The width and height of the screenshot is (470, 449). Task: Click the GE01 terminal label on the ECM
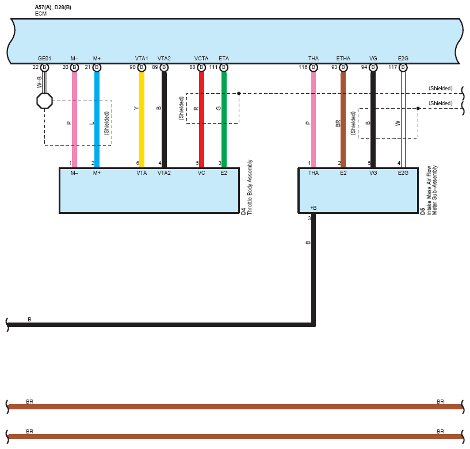pos(44,59)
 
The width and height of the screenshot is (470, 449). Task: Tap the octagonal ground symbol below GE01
pos(44,101)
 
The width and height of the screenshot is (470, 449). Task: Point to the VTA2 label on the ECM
pos(164,59)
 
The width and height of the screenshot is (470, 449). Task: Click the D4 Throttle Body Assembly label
pos(247,187)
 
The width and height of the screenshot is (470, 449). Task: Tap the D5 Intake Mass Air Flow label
pos(430,190)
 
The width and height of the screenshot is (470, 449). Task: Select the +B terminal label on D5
pos(313,208)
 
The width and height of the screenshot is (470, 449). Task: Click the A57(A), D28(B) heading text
pos(54,7)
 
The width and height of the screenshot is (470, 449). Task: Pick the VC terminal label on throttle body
pos(201,172)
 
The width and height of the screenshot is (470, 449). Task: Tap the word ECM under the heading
pos(41,13)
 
